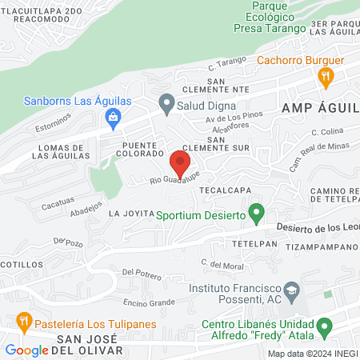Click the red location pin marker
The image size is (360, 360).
[x=180, y=164]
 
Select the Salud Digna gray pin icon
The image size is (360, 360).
[x=166, y=102]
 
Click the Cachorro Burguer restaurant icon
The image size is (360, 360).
[x=325, y=78]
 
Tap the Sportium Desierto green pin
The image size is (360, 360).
[x=256, y=214]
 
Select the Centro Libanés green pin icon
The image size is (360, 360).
[x=324, y=326]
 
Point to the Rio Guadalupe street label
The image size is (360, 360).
[x=173, y=178]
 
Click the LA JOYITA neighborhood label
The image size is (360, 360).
[x=130, y=214]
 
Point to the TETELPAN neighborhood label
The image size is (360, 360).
[x=254, y=242]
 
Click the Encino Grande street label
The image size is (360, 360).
[x=149, y=302]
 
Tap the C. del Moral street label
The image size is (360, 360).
[x=222, y=263]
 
